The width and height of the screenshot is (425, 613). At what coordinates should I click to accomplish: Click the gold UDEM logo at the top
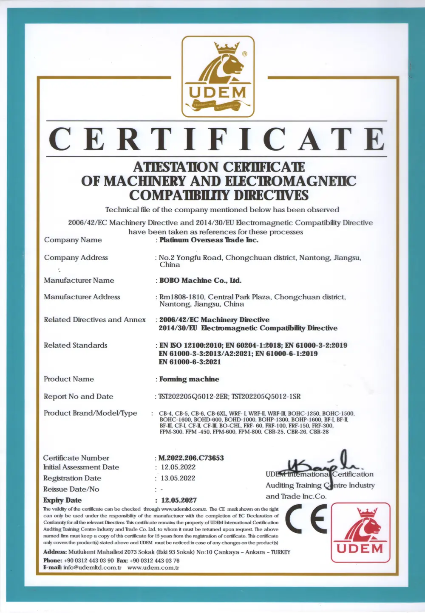tap(218, 76)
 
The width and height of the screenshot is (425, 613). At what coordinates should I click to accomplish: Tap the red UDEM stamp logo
tap(360, 533)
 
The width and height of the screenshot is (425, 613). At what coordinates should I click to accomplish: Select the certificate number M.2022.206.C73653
tap(191, 458)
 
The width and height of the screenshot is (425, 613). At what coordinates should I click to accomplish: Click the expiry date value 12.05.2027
tap(179, 500)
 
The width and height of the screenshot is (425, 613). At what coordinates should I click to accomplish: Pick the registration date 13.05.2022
tap(178, 478)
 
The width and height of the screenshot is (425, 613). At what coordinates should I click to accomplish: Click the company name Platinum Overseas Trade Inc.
tap(209, 240)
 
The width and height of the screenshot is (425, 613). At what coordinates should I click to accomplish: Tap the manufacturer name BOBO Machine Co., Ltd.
tap(200, 280)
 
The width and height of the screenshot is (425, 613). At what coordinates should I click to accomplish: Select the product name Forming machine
tap(189, 379)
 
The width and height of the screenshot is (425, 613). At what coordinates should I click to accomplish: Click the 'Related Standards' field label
tap(76, 345)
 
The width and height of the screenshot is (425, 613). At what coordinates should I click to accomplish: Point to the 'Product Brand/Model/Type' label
tap(91, 413)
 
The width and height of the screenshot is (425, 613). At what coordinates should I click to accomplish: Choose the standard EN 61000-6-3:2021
tap(190, 362)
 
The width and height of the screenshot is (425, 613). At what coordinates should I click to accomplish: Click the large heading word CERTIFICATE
tap(217, 139)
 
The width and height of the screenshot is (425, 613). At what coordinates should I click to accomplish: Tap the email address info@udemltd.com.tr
tap(92, 568)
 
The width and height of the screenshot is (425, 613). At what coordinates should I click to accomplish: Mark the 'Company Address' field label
tap(76, 258)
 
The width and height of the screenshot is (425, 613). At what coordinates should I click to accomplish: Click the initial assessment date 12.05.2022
tap(178, 467)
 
